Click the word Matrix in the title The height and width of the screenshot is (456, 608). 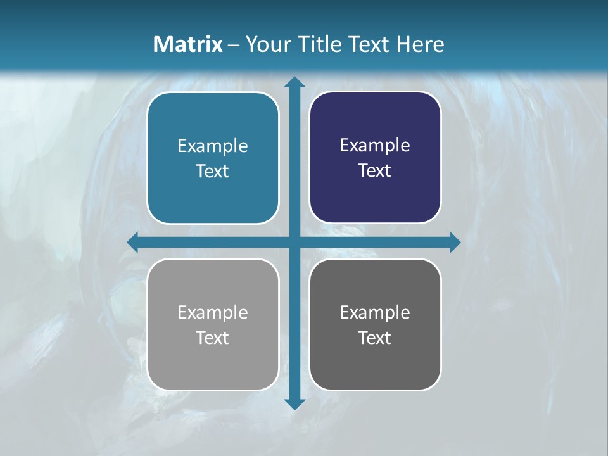pyautogui.click(x=188, y=44)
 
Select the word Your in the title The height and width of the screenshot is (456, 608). pyautogui.click(x=267, y=44)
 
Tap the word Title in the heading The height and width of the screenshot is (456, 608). pyautogui.click(x=319, y=44)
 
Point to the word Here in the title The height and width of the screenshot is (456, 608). pyautogui.click(x=420, y=44)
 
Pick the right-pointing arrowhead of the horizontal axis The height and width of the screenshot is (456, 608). pyautogui.click(x=455, y=242)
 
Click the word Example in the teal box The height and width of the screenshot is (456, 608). pyautogui.click(x=213, y=146)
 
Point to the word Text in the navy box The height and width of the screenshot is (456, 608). pyautogui.click(x=375, y=170)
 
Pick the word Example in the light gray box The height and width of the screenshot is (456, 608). pyautogui.click(x=213, y=312)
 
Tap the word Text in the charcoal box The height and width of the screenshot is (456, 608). pyautogui.click(x=375, y=338)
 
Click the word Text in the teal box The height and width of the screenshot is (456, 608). pyautogui.click(x=213, y=171)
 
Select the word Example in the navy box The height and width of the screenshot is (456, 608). pyautogui.click(x=375, y=146)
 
